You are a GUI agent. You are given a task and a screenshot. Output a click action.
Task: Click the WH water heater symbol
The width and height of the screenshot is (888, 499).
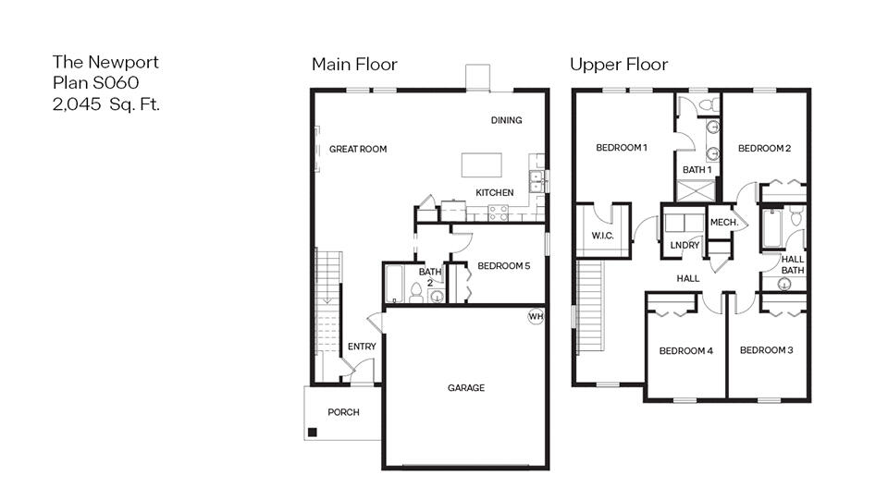tap(535, 316)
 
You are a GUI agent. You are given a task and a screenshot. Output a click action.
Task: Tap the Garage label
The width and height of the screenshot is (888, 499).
tap(466, 388)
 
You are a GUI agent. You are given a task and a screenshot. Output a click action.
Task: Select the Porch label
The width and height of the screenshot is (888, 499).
tap(343, 412)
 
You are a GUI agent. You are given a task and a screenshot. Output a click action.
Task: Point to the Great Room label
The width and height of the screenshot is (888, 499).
tap(358, 149)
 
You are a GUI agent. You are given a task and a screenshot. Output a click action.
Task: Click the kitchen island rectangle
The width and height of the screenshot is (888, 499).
tap(482, 164)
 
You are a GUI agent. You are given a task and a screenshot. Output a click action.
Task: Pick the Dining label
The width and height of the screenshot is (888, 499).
tap(506, 120)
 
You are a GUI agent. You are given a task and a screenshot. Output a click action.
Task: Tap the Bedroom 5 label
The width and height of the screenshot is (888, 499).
tap(503, 266)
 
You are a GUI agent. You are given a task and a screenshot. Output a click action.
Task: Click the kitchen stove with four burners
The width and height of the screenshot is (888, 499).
tap(498, 212)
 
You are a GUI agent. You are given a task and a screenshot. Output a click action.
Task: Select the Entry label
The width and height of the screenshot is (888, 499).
tap(362, 347)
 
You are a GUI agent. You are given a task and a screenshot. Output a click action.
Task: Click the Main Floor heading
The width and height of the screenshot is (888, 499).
tap(354, 64)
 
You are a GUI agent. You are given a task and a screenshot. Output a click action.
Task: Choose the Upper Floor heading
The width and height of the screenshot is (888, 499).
tap(618, 64)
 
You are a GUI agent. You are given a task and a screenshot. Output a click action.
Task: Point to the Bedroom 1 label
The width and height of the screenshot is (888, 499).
tap(622, 148)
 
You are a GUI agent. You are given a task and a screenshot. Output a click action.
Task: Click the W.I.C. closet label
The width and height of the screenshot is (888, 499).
tap(603, 237)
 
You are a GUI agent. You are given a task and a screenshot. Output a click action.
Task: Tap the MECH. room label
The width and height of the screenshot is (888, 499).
tap(723, 223)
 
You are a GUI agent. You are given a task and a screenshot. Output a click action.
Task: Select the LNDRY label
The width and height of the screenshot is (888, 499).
tap(684, 245)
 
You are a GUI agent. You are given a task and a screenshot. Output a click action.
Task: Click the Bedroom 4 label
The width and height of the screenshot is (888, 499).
tap(685, 351)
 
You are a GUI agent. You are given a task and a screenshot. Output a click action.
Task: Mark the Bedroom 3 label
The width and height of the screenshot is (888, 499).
tap(767, 350)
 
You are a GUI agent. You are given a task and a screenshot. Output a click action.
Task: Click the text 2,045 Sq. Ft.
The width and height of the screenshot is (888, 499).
tap(106, 104)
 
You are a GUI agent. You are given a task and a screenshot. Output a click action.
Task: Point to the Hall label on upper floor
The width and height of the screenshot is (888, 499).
tap(687, 278)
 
